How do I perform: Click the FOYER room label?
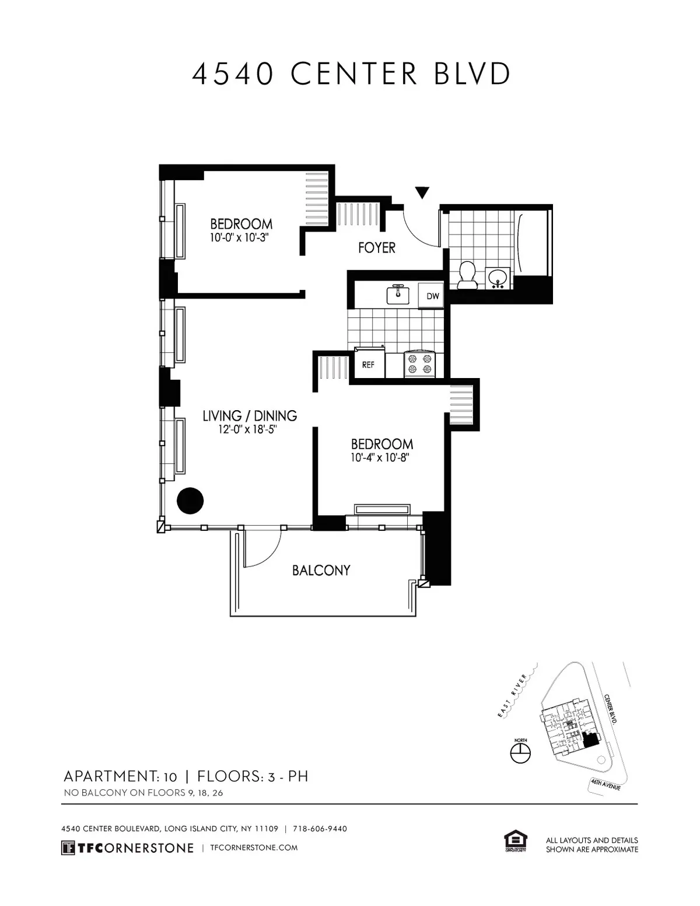point(376,248)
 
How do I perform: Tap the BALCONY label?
point(321,570)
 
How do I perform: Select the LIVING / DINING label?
point(250,416)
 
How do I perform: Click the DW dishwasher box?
point(432,296)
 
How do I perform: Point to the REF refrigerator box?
point(368,365)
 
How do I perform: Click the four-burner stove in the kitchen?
point(420,364)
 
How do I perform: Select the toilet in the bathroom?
point(467,275)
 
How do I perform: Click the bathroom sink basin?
point(498,278)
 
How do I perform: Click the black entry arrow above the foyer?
point(422,193)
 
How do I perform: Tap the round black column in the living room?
point(190,501)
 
